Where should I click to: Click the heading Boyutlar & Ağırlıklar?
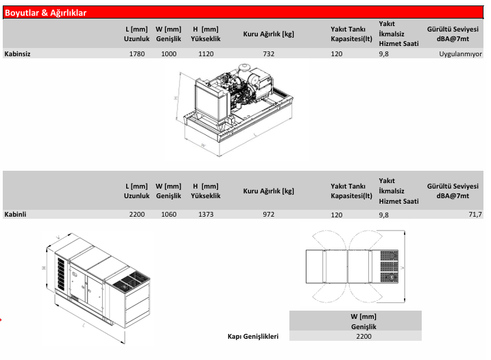[x=46, y=12]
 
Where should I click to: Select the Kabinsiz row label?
[x=18, y=53]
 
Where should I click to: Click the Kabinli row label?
[x=15, y=215]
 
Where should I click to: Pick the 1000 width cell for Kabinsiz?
[x=169, y=53]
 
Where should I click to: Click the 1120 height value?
[x=205, y=53]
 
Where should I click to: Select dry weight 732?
[x=268, y=53]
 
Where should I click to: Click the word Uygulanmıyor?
[x=460, y=53]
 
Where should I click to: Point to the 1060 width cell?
[x=169, y=215]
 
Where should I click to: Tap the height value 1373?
[x=205, y=215]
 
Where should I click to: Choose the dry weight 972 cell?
[x=268, y=215]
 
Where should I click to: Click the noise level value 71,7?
[x=475, y=215]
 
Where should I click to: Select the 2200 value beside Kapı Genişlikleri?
[x=363, y=337]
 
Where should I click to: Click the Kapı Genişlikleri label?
[x=253, y=337]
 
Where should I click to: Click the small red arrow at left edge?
[x=2, y=319]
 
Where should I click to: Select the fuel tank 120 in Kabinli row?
[x=336, y=215]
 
